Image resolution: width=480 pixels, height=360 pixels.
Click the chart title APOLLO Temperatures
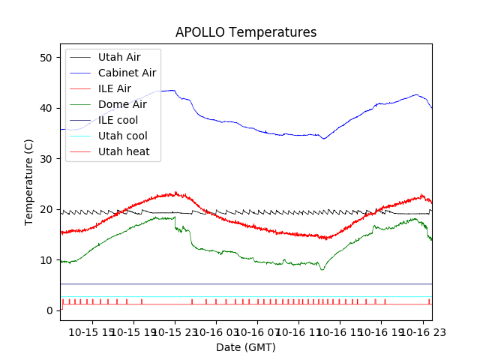pos(246,33)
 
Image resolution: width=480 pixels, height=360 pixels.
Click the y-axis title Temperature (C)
pos(29,182)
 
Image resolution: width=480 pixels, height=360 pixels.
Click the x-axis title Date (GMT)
pos(246,347)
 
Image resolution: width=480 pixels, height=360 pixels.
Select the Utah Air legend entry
pos(118,57)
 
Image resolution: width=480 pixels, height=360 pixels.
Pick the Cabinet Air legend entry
pos(127,73)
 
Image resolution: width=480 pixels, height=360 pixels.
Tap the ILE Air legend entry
pos(114,88)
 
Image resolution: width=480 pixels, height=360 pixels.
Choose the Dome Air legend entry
pos(121,104)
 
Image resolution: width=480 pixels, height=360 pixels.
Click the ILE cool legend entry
pos(118,120)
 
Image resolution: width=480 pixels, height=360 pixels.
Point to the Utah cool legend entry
pos(122,136)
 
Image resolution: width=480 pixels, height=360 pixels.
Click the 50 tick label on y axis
pos(49,58)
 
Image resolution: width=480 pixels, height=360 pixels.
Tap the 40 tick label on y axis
pos(49,108)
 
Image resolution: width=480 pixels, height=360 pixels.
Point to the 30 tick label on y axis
pos(49,159)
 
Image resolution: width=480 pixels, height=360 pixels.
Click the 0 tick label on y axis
pos(52,310)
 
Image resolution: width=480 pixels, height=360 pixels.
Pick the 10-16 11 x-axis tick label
pos(298,332)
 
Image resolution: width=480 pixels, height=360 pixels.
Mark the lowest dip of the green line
pos(322,269)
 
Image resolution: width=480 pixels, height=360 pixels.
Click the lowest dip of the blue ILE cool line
pos(324,139)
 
